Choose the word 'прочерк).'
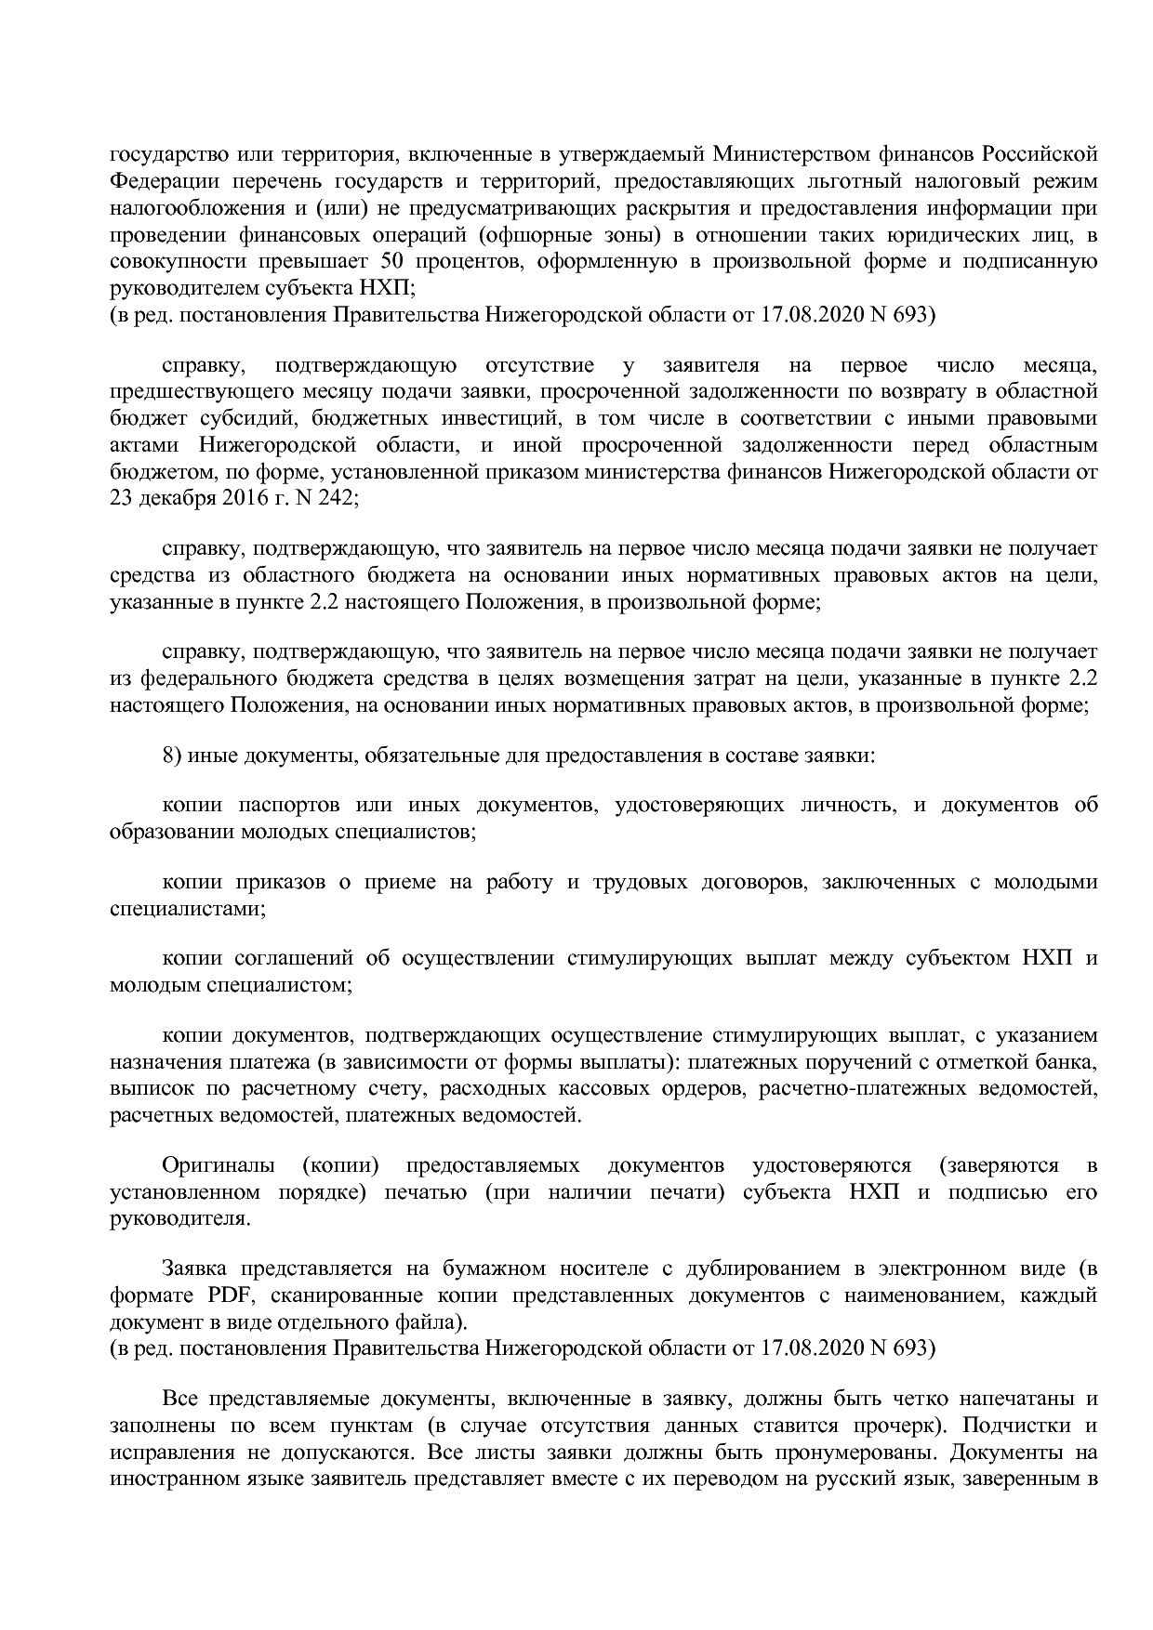[x=903, y=1425]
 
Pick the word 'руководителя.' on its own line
[x=179, y=1218]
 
